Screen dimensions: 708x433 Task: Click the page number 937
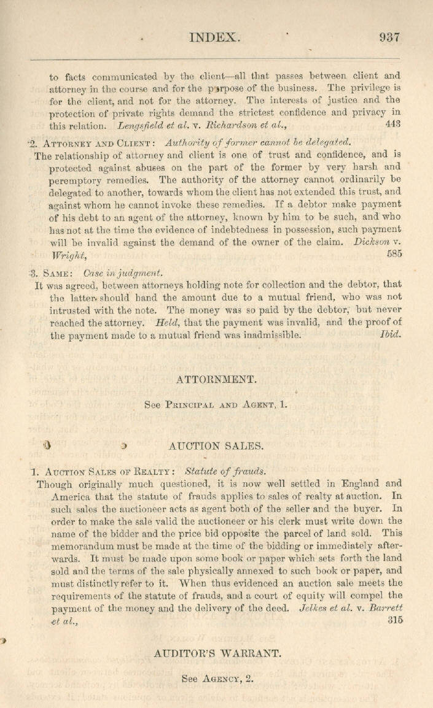[x=389, y=36]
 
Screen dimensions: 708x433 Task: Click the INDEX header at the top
[x=214, y=37]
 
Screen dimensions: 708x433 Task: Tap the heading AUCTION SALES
[x=216, y=445]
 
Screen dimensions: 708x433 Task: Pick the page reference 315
[x=395, y=620]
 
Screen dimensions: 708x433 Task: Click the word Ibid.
[x=391, y=336]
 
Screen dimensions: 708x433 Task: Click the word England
[x=360, y=483]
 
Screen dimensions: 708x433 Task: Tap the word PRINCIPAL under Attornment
[x=190, y=405]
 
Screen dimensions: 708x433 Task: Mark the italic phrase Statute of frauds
[x=225, y=471]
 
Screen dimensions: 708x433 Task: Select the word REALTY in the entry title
[x=151, y=471]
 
